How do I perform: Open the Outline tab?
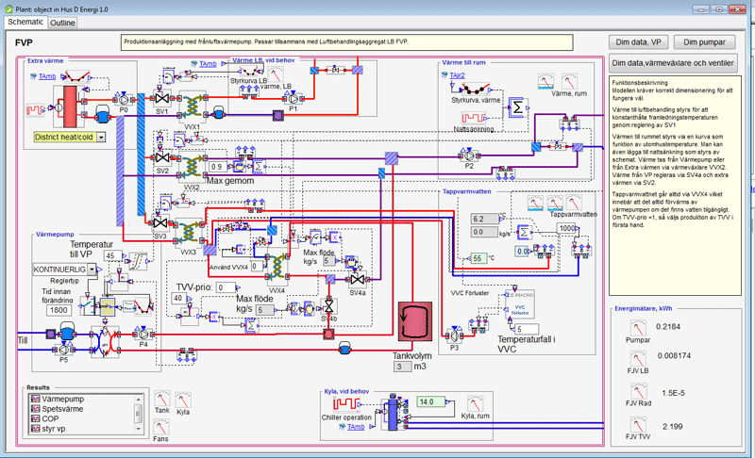63,22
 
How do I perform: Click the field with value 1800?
59,309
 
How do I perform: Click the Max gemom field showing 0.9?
218,167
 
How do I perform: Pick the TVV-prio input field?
226,287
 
